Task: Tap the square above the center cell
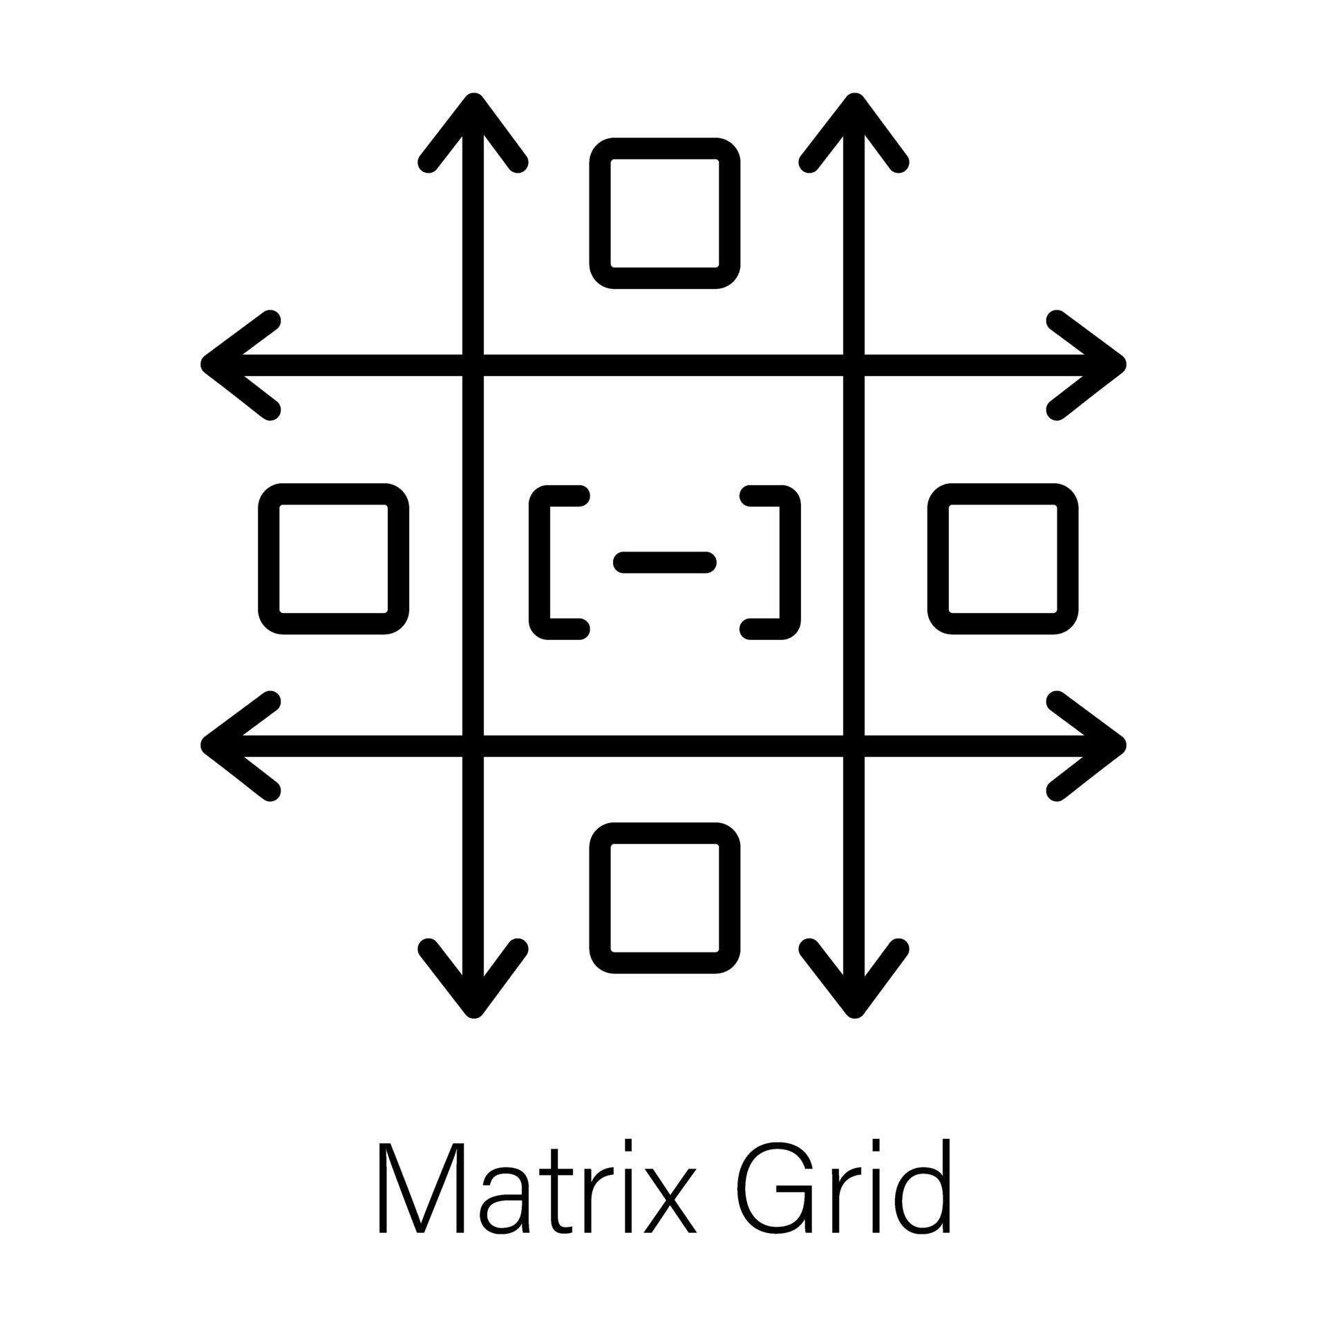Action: point(665,213)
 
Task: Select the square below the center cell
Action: point(665,898)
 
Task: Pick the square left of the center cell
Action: point(334,558)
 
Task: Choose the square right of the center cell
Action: point(1002,558)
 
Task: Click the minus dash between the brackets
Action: point(664,563)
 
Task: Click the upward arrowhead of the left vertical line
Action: point(473,121)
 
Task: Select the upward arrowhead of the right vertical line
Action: point(854,121)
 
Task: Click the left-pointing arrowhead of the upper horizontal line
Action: point(228,365)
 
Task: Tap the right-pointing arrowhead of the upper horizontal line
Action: point(1099,365)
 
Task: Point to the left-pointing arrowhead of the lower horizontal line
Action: point(228,745)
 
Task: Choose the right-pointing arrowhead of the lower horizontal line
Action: point(1099,745)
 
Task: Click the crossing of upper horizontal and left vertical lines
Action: point(473,365)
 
